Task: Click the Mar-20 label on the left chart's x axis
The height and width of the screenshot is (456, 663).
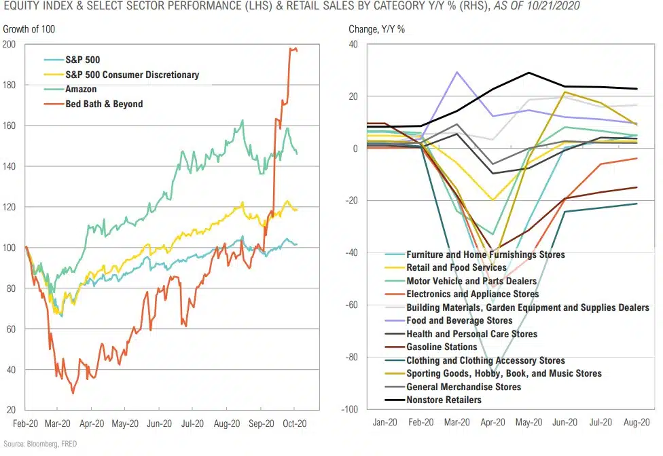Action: click(58, 423)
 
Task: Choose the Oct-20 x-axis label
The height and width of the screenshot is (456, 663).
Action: click(294, 423)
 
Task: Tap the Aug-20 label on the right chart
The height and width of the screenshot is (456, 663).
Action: click(636, 422)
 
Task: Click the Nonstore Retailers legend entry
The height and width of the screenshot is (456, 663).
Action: click(444, 400)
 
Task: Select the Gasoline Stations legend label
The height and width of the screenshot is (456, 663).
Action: click(442, 347)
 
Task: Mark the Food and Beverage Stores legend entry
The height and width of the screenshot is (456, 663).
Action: click(459, 320)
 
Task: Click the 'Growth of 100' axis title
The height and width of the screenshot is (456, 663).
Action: click(29, 29)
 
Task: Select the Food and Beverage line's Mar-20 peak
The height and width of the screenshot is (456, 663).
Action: click(457, 72)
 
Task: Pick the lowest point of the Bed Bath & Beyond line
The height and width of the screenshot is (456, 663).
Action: click(73, 393)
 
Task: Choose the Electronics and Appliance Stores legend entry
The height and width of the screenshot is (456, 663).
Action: click(472, 294)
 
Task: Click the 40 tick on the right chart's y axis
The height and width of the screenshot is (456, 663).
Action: click(351, 44)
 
